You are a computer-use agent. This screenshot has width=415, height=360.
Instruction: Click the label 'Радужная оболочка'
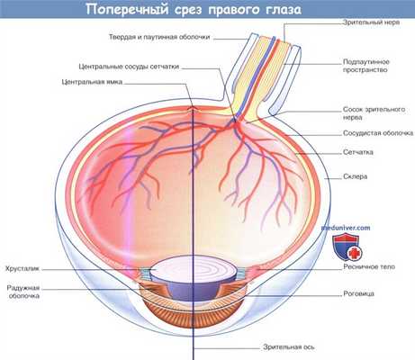[25, 294]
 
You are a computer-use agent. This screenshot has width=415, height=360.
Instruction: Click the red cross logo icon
[350, 245]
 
